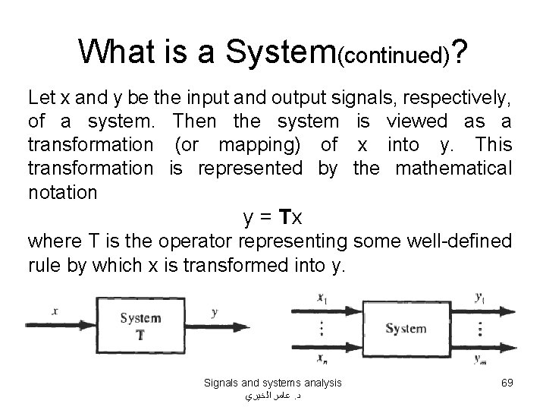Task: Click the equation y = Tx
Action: [x=272, y=218]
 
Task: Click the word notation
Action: [x=62, y=192]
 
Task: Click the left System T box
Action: [x=139, y=325]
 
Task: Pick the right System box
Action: [x=406, y=329]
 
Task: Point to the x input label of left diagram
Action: [x=55, y=311]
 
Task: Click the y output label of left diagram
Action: [x=215, y=311]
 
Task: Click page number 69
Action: [x=507, y=383]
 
